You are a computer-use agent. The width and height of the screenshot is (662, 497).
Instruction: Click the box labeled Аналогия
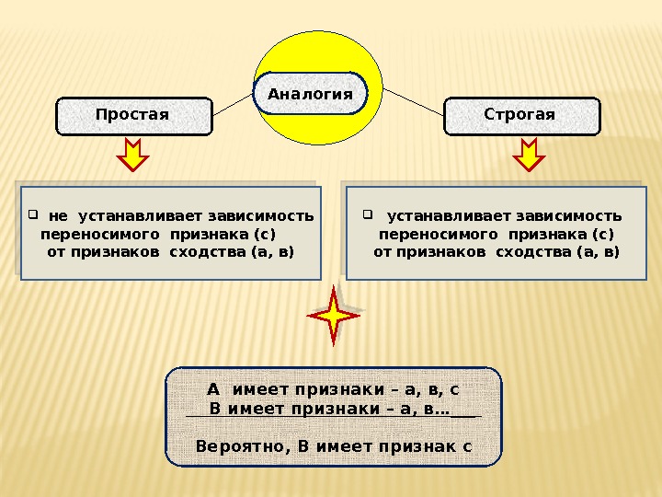click(x=310, y=94)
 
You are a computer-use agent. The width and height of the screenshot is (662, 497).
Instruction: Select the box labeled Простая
click(x=133, y=115)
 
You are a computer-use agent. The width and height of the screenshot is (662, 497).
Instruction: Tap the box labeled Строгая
click(x=520, y=115)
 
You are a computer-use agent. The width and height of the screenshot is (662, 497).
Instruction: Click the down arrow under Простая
click(x=133, y=156)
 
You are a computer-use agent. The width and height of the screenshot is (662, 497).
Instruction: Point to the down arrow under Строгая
click(x=529, y=156)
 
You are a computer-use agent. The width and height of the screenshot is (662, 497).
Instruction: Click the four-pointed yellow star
click(x=334, y=316)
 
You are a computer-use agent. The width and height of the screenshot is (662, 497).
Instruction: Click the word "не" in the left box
click(x=58, y=216)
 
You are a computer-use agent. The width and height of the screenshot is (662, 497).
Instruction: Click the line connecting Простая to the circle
click(x=232, y=106)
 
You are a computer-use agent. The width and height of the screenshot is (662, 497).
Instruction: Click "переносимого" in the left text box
click(x=86, y=234)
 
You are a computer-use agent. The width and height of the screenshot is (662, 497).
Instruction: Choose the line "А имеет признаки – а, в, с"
click(x=333, y=389)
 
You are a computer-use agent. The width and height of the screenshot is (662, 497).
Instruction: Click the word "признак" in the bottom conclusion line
click(x=413, y=446)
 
